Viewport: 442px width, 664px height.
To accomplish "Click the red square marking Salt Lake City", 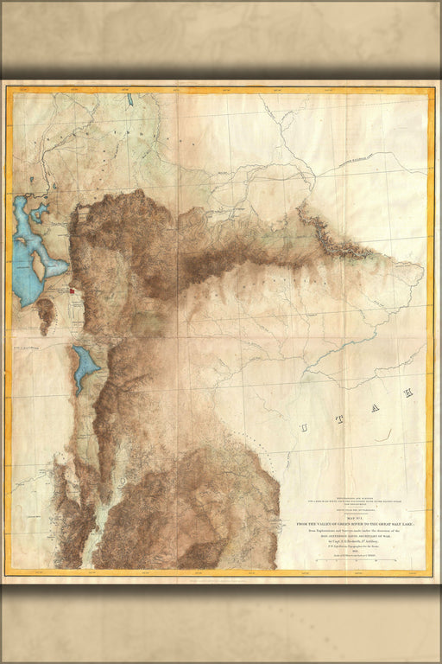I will pyautogui.click(x=73, y=291).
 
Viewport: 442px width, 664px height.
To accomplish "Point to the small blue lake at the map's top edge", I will pyautogui.click(x=130, y=100).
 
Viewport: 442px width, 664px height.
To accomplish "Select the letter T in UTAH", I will pyautogui.click(x=339, y=419).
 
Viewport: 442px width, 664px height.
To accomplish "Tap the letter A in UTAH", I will pyautogui.click(x=375, y=407).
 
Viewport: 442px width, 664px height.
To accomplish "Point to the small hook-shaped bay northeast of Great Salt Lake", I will pyautogui.click(x=40, y=210).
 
